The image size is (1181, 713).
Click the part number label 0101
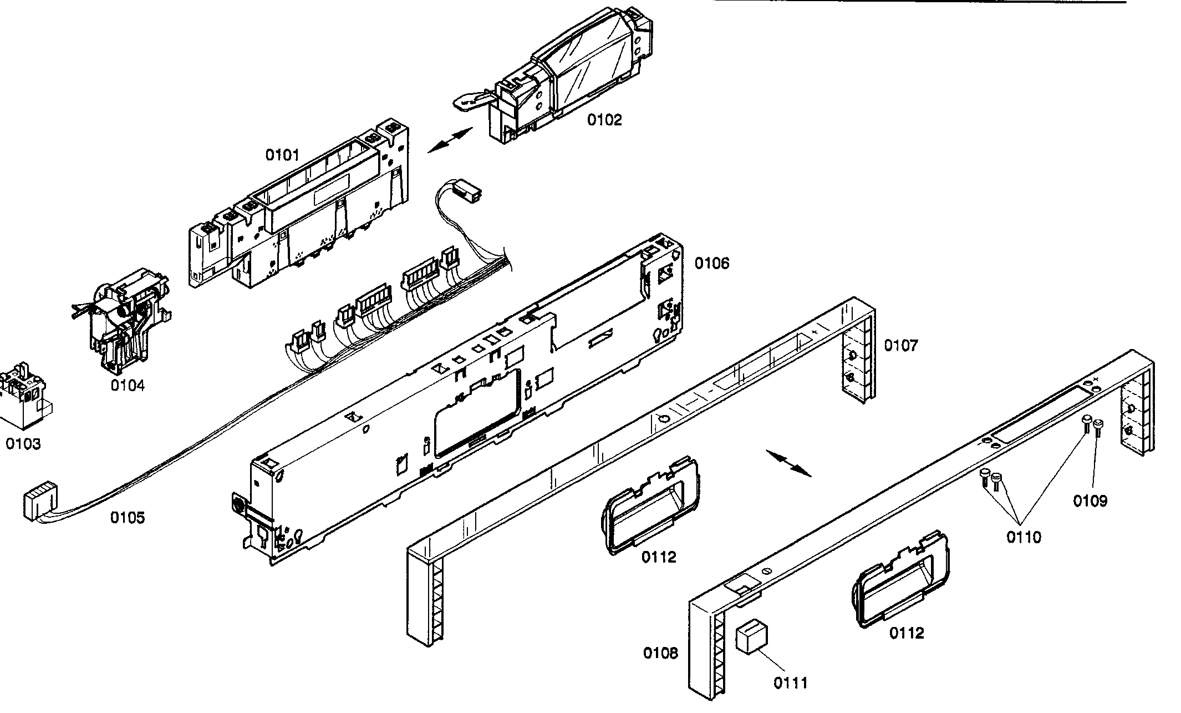282,155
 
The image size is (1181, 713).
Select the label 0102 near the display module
604,120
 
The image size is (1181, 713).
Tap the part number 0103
23,444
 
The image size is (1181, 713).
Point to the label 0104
128,385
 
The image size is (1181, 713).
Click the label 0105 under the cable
128,518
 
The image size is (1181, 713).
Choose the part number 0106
712,263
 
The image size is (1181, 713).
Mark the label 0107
901,346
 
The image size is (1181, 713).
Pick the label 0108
660,653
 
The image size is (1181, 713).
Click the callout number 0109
1090,501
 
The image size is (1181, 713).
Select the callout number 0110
1024,537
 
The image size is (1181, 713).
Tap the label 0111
791,683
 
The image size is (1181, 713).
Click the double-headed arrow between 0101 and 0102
450,140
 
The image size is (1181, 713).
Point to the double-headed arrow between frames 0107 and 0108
788,463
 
